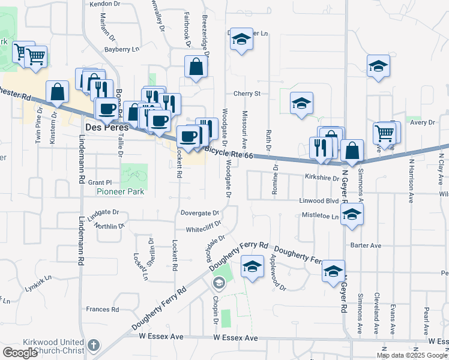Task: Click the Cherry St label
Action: click(x=247, y=94)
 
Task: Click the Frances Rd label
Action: click(x=103, y=310)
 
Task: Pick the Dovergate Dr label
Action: click(x=199, y=213)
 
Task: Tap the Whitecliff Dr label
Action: click(x=203, y=229)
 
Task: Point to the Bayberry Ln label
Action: click(x=122, y=49)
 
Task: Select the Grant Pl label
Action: click(x=100, y=182)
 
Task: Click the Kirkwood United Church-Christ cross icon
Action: click(x=92, y=345)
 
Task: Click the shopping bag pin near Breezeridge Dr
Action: click(x=196, y=67)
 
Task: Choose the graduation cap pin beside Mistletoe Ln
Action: click(x=352, y=214)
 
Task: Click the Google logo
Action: click(x=20, y=353)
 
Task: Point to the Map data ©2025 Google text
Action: click(x=411, y=355)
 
